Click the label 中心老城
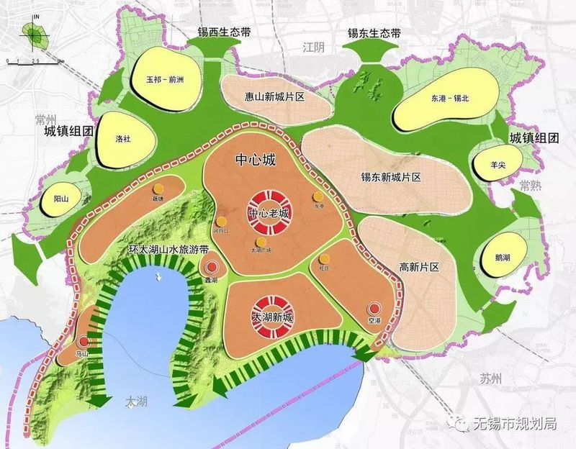(x=269, y=214)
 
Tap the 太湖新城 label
(x=272, y=317)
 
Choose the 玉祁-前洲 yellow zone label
(x=164, y=80)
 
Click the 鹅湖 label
(x=505, y=256)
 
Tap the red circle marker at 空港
(x=372, y=307)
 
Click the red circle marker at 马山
(x=85, y=343)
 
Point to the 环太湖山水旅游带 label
(x=168, y=250)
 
